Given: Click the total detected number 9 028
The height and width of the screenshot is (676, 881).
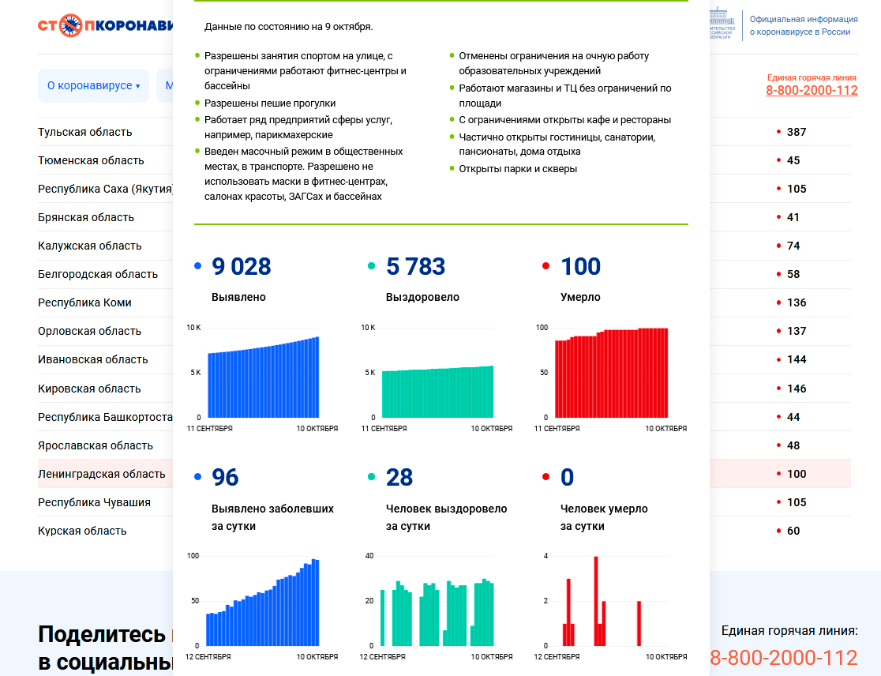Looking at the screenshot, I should pos(241,267).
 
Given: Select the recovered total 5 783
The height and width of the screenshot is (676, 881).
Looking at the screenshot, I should pos(415,267).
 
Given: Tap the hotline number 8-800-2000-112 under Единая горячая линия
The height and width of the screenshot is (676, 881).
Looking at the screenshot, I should pos(812,91).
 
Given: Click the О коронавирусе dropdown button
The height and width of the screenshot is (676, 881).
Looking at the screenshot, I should pos(93,85).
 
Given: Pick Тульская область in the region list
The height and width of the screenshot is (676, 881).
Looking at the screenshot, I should pos(85,132).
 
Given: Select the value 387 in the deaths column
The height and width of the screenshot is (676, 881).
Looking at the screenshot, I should pos(796,132).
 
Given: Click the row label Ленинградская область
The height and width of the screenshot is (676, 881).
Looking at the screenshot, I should pos(102,474).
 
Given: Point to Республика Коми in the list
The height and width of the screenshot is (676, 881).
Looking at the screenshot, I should pos(84,302).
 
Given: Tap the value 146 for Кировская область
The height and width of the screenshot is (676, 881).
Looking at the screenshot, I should pos(796,389).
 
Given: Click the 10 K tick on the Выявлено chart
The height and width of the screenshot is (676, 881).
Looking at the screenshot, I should pos(193,327).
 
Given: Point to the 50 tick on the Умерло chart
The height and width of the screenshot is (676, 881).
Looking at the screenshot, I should pos(543,372).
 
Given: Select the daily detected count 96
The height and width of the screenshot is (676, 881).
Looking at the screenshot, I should pos(225,478).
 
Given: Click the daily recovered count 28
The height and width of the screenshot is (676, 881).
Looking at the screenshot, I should pos(399,478).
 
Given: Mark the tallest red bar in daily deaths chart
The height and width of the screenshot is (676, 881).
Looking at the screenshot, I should pos(596,600).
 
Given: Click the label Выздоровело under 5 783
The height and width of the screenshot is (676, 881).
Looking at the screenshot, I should pos(422,298).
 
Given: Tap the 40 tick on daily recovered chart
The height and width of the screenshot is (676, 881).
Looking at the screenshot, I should pos(369,556).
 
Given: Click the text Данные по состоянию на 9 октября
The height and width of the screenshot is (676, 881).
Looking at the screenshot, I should pos(288,26).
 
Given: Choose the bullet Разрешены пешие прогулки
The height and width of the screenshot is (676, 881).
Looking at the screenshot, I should pos(270,103).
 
